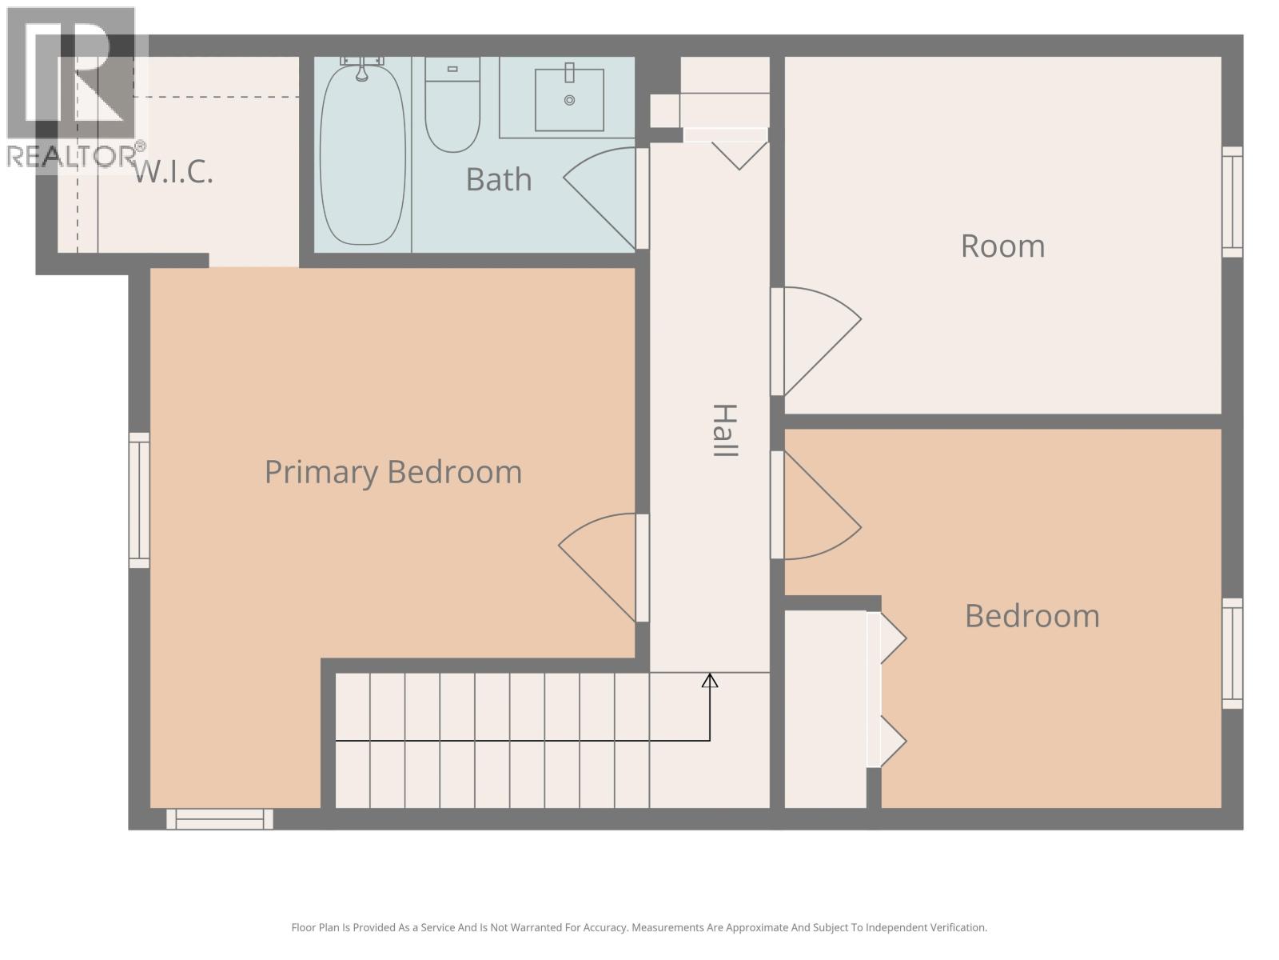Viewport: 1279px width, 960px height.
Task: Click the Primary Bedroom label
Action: coord(392,472)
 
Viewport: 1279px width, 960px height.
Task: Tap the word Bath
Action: coord(498,179)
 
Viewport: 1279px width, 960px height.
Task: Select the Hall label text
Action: coord(723,430)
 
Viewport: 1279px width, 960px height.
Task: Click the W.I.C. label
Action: coord(173,171)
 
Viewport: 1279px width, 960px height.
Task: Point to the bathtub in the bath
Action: coord(362,156)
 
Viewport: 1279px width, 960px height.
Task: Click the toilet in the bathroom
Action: coord(452,112)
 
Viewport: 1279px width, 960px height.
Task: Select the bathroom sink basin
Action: coord(569,100)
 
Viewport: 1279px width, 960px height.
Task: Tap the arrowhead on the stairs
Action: coord(710,681)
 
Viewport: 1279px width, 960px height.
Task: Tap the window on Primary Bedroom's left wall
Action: coord(139,500)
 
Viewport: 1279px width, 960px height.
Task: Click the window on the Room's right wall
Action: coord(1233,202)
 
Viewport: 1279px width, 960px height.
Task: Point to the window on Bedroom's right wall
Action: coord(1233,653)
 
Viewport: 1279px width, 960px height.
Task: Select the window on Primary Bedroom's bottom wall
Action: coord(220,818)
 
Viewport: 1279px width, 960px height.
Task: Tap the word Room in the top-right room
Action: coord(1002,246)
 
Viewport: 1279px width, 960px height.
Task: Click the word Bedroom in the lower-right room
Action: coord(1032,616)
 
